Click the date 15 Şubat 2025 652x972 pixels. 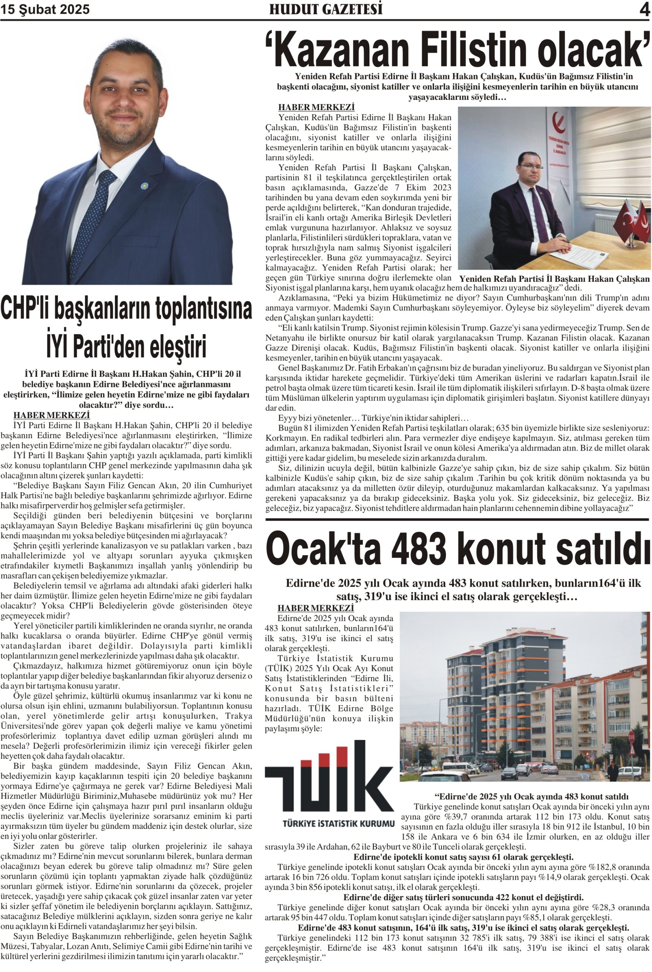coord(45,9)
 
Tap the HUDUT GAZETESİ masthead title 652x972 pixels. coord(326,9)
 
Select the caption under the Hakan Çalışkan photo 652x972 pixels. coord(554,279)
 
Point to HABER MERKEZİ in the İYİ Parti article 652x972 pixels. coord(52,415)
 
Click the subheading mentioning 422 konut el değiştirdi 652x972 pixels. coord(463,897)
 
